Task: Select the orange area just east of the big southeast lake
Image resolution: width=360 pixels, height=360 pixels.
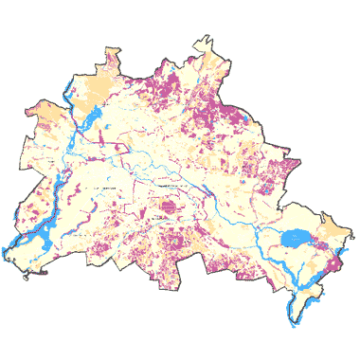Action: pos(329,232)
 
